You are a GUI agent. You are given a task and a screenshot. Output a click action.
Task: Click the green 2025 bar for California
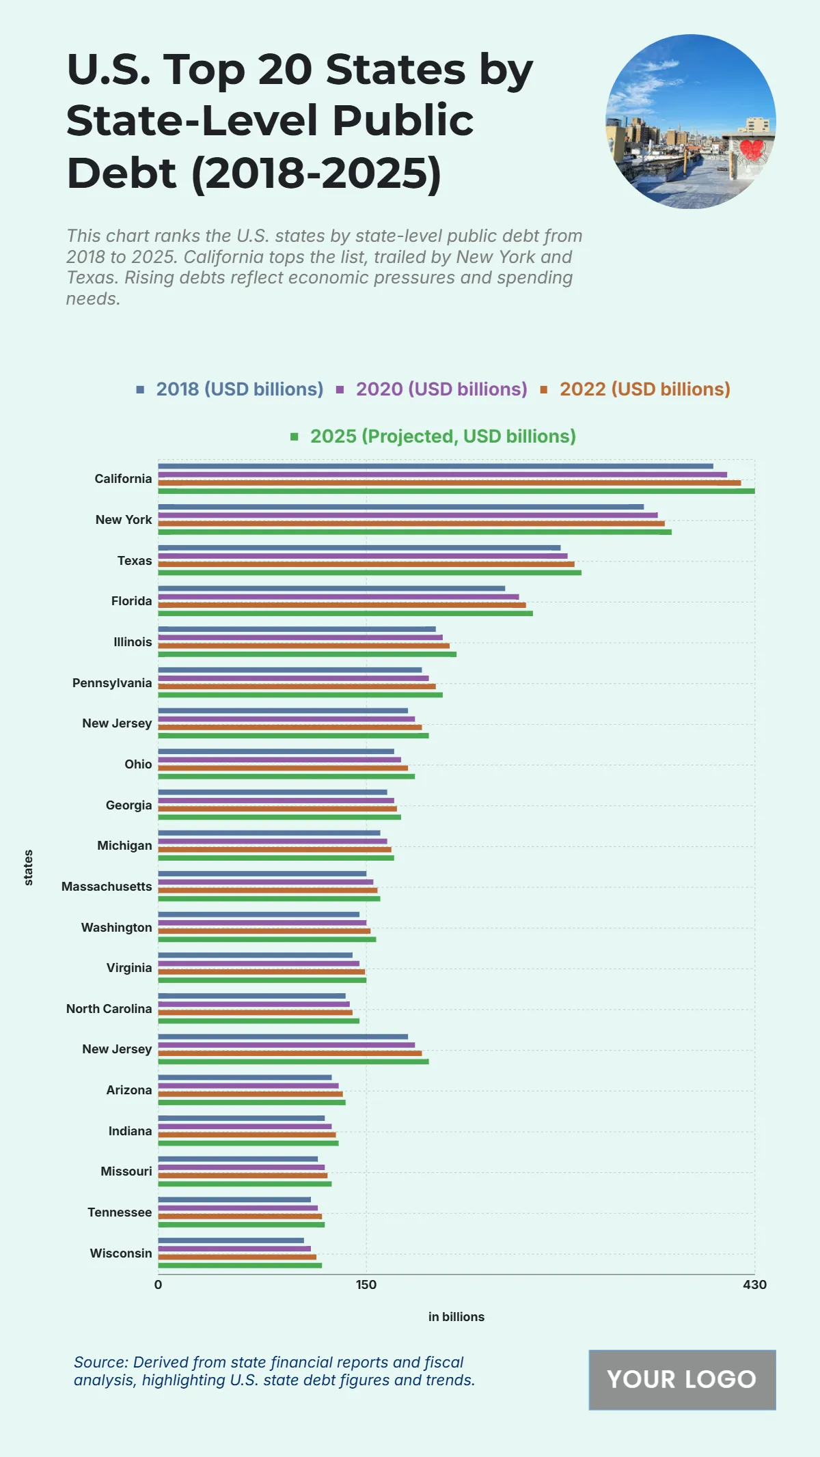[456, 490]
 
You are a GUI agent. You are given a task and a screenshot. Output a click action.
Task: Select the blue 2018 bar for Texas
[359, 548]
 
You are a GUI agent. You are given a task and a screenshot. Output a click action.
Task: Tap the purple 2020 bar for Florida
[338, 597]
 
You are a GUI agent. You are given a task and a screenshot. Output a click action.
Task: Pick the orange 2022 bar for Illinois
[303, 646]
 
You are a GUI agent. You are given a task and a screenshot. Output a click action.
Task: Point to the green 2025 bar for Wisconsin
[240, 1265]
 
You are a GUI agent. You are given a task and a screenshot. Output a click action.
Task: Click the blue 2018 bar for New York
[400, 507]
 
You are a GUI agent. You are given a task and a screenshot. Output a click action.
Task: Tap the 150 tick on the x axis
[366, 1285]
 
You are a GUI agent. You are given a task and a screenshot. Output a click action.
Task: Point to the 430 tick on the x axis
[754, 1285]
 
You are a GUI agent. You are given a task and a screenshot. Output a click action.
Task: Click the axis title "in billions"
[456, 1317]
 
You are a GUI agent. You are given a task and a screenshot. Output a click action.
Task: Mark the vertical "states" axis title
[29, 868]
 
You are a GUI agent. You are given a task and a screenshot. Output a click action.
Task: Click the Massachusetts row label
[107, 887]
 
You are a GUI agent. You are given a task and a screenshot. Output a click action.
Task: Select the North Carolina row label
[109, 1009]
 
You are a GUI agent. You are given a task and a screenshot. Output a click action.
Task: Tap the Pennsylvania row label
[112, 683]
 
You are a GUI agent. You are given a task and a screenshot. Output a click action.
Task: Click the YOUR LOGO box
[682, 1380]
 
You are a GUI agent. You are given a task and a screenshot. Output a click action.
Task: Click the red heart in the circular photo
[753, 149]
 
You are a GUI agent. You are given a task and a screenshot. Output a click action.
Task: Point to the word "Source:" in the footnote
[101, 1362]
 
